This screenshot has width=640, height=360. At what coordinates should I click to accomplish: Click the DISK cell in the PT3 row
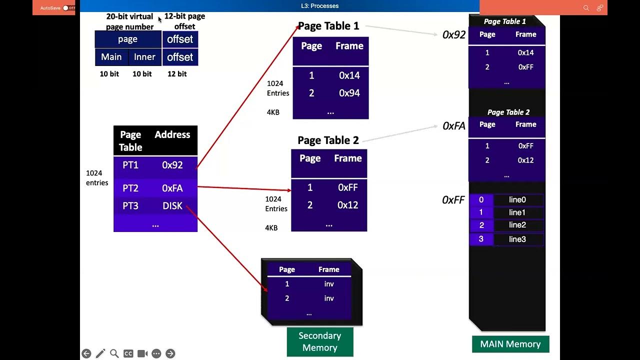172,206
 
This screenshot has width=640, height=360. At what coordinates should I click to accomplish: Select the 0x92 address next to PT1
172,165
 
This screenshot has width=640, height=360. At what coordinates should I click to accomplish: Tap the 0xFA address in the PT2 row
172,188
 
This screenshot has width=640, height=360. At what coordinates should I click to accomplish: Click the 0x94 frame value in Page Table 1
349,93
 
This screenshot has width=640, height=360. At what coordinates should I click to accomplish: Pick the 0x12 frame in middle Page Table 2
347,205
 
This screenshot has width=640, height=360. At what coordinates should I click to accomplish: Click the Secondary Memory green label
320,342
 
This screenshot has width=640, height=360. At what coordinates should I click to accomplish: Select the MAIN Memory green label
510,344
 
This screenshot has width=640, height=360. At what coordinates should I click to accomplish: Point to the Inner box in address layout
144,57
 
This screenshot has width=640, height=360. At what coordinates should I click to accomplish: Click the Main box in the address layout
111,57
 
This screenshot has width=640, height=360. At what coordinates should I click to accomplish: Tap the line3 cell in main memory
517,239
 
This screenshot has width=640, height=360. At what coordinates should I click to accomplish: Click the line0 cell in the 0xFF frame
517,200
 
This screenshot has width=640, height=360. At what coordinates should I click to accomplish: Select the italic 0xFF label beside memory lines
453,200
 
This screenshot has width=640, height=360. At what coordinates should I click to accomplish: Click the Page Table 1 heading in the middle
328,26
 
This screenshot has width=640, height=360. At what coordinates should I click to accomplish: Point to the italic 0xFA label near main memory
454,126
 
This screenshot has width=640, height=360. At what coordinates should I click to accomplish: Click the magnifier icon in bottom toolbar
114,353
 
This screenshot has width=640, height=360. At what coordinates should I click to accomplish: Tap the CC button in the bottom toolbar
128,353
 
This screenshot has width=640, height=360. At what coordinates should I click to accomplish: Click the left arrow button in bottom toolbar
86,353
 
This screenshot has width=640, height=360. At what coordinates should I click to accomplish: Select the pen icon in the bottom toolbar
100,353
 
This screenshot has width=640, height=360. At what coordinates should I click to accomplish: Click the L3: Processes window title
319,6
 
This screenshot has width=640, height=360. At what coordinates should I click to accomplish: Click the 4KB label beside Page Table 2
271,228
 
